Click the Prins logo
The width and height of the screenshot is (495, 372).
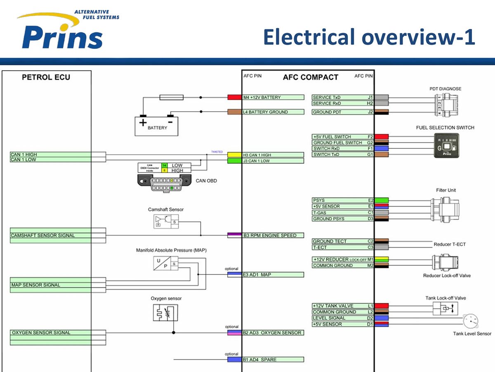[62, 33]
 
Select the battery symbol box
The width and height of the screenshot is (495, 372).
[157, 125]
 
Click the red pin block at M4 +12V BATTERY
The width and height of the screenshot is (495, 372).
[234, 98]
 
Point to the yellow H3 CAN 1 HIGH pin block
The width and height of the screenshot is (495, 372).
[234, 155]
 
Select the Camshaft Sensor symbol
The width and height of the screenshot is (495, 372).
[165, 222]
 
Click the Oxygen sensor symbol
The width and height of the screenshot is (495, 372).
[165, 313]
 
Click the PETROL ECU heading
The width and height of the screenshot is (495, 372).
[46, 77]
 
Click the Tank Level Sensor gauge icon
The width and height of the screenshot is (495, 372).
[470, 321]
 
